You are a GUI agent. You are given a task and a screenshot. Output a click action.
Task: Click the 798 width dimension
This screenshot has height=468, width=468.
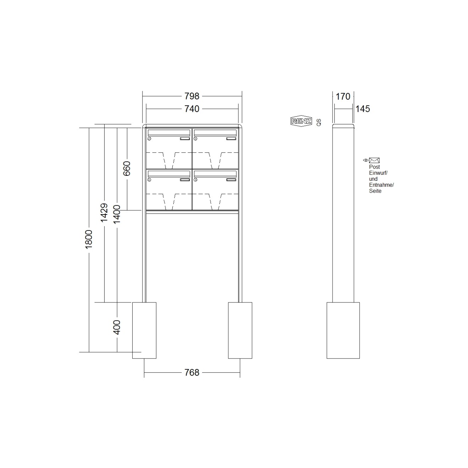(192, 96)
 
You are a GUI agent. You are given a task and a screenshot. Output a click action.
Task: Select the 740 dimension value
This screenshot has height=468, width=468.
(192, 109)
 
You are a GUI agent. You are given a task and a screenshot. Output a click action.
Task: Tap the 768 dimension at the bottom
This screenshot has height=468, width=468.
(192, 372)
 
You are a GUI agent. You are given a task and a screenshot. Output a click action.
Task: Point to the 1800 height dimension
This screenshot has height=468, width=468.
(89, 239)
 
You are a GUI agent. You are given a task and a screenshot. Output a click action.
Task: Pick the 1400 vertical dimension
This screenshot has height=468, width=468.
(117, 214)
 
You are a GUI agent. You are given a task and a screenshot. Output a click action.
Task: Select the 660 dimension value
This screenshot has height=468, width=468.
(127, 168)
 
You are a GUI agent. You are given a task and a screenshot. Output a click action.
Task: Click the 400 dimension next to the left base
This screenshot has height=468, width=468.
(117, 327)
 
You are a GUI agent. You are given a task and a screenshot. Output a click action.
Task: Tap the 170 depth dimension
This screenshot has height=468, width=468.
(343, 96)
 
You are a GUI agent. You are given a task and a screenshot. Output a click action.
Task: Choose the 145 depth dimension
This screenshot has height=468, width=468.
(363, 109)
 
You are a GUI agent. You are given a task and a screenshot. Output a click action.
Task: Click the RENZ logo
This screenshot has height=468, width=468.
(301, 121)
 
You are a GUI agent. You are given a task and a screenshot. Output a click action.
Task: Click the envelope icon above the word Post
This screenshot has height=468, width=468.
(374, 160)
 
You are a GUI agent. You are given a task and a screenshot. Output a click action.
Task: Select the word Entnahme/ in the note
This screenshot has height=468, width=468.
(381, 185)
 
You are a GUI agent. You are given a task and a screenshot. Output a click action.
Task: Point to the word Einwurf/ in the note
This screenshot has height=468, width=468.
(378, 173)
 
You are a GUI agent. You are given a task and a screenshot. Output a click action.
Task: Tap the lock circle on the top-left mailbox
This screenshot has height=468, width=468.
(149, 139)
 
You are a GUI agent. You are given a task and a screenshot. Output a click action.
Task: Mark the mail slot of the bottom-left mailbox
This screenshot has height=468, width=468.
(169, 174)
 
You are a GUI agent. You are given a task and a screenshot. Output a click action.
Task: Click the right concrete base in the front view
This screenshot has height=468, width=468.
(240, 330)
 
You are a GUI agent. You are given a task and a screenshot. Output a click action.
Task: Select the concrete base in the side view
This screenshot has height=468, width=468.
(343, 330)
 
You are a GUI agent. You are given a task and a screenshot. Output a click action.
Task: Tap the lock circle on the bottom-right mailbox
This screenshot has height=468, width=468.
(195, 180)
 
